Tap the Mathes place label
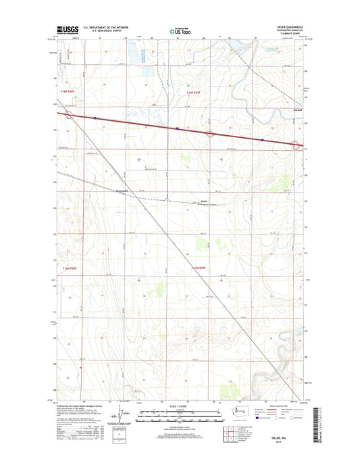pos(205,200)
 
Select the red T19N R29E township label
pos(195,93)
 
